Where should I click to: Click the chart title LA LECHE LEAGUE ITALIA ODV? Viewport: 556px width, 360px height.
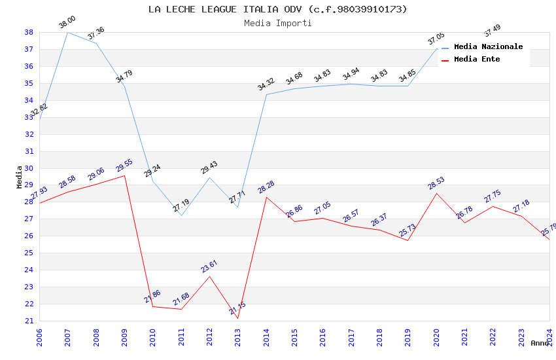pos(277,9)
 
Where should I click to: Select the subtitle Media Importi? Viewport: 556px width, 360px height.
pos(277,23)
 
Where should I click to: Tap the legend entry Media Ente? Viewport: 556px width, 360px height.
pos(477,60)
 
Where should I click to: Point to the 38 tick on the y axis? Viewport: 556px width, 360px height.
pos(29,32)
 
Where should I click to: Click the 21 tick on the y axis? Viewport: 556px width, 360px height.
pos(29,321)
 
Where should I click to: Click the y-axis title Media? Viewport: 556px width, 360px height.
pos(20,177)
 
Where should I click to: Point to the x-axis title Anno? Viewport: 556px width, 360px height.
pos(540,343)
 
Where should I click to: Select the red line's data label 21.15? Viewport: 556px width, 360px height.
pos(237,308)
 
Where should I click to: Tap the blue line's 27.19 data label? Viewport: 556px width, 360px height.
pos(181,206)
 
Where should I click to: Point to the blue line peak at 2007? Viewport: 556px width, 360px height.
pos(68,32)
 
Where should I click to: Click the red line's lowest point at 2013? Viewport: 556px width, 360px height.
pos(237,318)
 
